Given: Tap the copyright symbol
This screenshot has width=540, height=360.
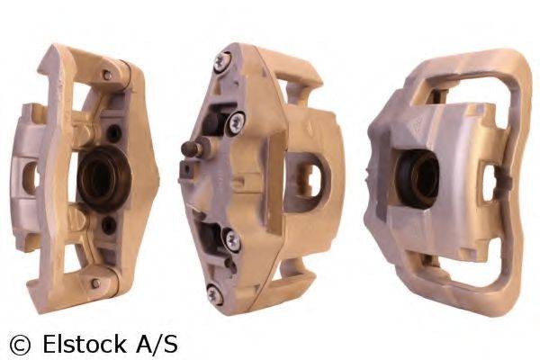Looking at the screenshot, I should coord(20,343).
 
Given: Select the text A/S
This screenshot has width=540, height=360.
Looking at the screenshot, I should coord(156,343).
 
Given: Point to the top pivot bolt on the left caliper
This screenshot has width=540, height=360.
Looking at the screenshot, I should coord(108,76).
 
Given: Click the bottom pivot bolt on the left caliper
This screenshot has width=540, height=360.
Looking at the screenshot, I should coord(94,282).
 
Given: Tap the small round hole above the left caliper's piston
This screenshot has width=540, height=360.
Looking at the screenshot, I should coord(114,133).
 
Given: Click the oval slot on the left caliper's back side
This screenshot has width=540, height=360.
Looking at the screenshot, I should coord(30,178).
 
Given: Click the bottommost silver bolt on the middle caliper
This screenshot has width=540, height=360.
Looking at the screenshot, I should coord(214,292).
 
